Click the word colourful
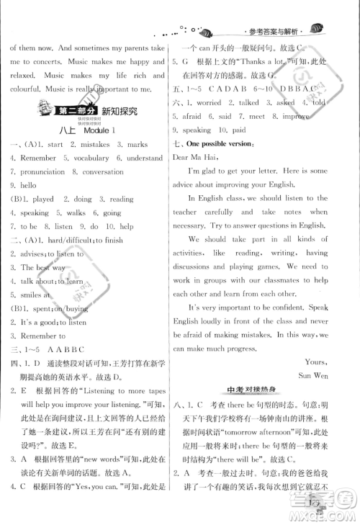(28, 89)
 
